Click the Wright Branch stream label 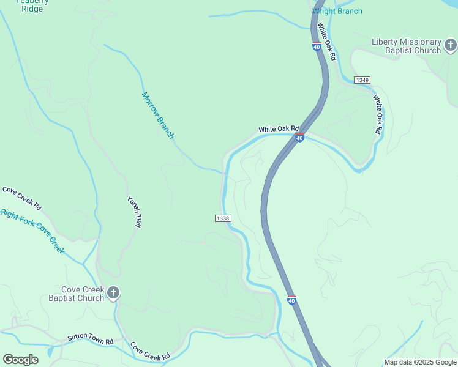pos(337,11)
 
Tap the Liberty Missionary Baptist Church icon pos(450,45)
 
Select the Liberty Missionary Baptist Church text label pos(406,46)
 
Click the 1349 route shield pos(362,80)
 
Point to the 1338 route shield pos(223,218)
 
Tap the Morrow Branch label pos(158,115)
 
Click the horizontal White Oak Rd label pos(277,129)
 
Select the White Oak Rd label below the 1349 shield pos(378,114)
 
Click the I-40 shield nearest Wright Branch pos(317,46)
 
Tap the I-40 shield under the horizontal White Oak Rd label pos(299,138)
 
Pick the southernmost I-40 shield pos(291,300)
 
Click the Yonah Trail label pos(134,212)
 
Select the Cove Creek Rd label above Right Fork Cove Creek pos(21,198)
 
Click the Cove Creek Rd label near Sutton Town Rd pos(149,351)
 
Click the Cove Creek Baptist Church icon pos(113,294)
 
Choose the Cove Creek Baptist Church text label pos(77,294)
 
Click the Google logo pos(20,360)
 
